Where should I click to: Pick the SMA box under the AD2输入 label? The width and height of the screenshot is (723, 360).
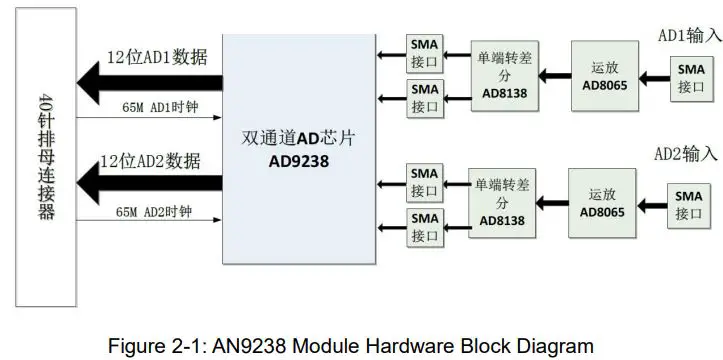[x=688, y=204]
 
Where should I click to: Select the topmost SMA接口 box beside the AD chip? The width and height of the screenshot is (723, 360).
[x=425, y=54]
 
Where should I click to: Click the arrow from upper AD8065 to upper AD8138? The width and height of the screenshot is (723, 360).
[x=553, y=74]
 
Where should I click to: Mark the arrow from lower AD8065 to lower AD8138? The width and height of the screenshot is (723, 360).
[x=551, y=204]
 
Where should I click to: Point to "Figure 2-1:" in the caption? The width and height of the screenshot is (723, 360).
[x=159, y=346]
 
